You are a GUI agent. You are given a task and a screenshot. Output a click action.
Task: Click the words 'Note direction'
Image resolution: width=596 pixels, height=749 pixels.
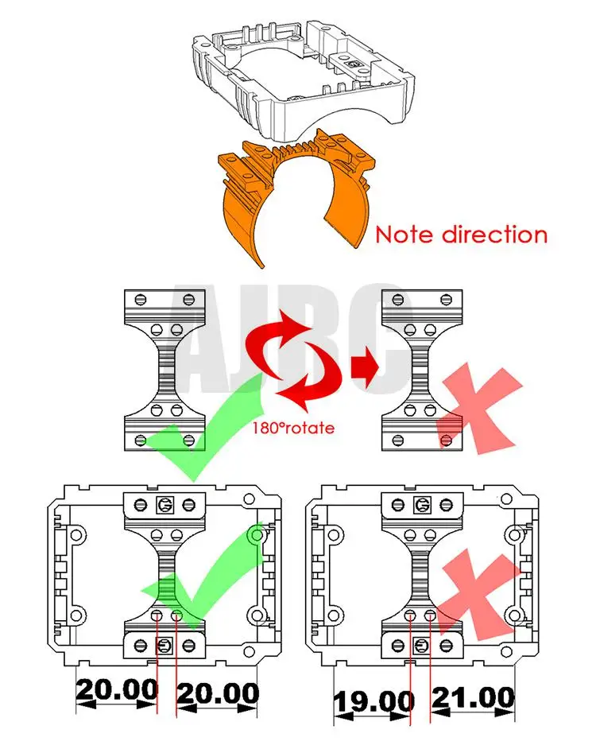(461, 235)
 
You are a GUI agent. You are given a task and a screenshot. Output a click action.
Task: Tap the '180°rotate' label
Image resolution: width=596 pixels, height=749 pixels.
(293, 427)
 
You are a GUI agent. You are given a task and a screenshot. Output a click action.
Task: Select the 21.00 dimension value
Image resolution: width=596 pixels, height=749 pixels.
(473, 700)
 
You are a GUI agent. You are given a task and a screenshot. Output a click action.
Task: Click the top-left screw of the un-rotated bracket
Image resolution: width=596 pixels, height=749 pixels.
(141, 300)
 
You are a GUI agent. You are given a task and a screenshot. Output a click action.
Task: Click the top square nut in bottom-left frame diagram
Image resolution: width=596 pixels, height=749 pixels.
(165, 503)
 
